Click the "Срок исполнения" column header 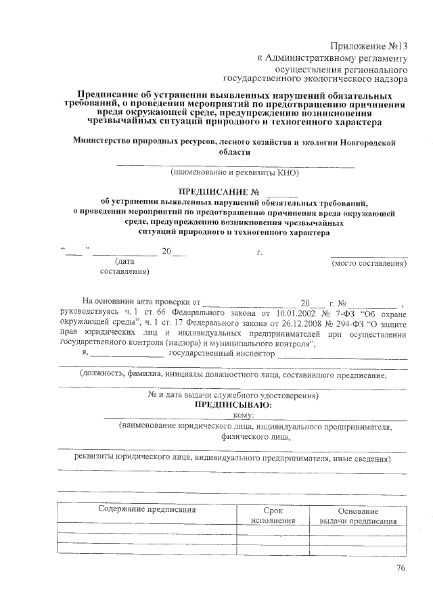click(273, 515)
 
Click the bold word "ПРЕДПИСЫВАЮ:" click(233, 404)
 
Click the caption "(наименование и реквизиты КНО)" click(234, 172)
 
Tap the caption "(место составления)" click(369, 263)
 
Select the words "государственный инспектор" click(221, 353)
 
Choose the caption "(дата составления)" click(124, 266)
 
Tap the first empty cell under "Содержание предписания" click(147, 529)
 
